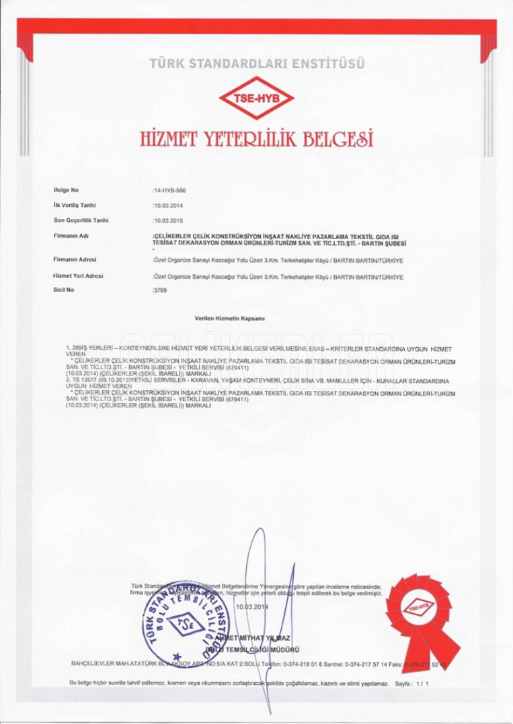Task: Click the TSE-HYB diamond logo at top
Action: click(256, 98)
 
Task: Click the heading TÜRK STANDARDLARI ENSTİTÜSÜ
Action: click(257, 64)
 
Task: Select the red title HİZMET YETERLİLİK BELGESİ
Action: click(256, 138)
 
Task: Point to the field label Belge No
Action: click(66, 190)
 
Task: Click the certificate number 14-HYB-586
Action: click(169, 191)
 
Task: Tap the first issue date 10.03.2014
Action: click(169, 206)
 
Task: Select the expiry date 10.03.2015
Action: click(169, 220)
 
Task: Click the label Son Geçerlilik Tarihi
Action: click(81, 220)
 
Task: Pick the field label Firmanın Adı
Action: click(71, 236)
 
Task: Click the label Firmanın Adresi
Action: click(75, 259)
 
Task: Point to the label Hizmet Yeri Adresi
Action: click(77, 275)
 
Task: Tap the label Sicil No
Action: click(63, 289)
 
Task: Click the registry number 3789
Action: click(160, 290)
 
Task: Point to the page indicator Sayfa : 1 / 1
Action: click(411, 683)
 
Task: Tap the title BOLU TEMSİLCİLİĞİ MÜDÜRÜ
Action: click(255, 649)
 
